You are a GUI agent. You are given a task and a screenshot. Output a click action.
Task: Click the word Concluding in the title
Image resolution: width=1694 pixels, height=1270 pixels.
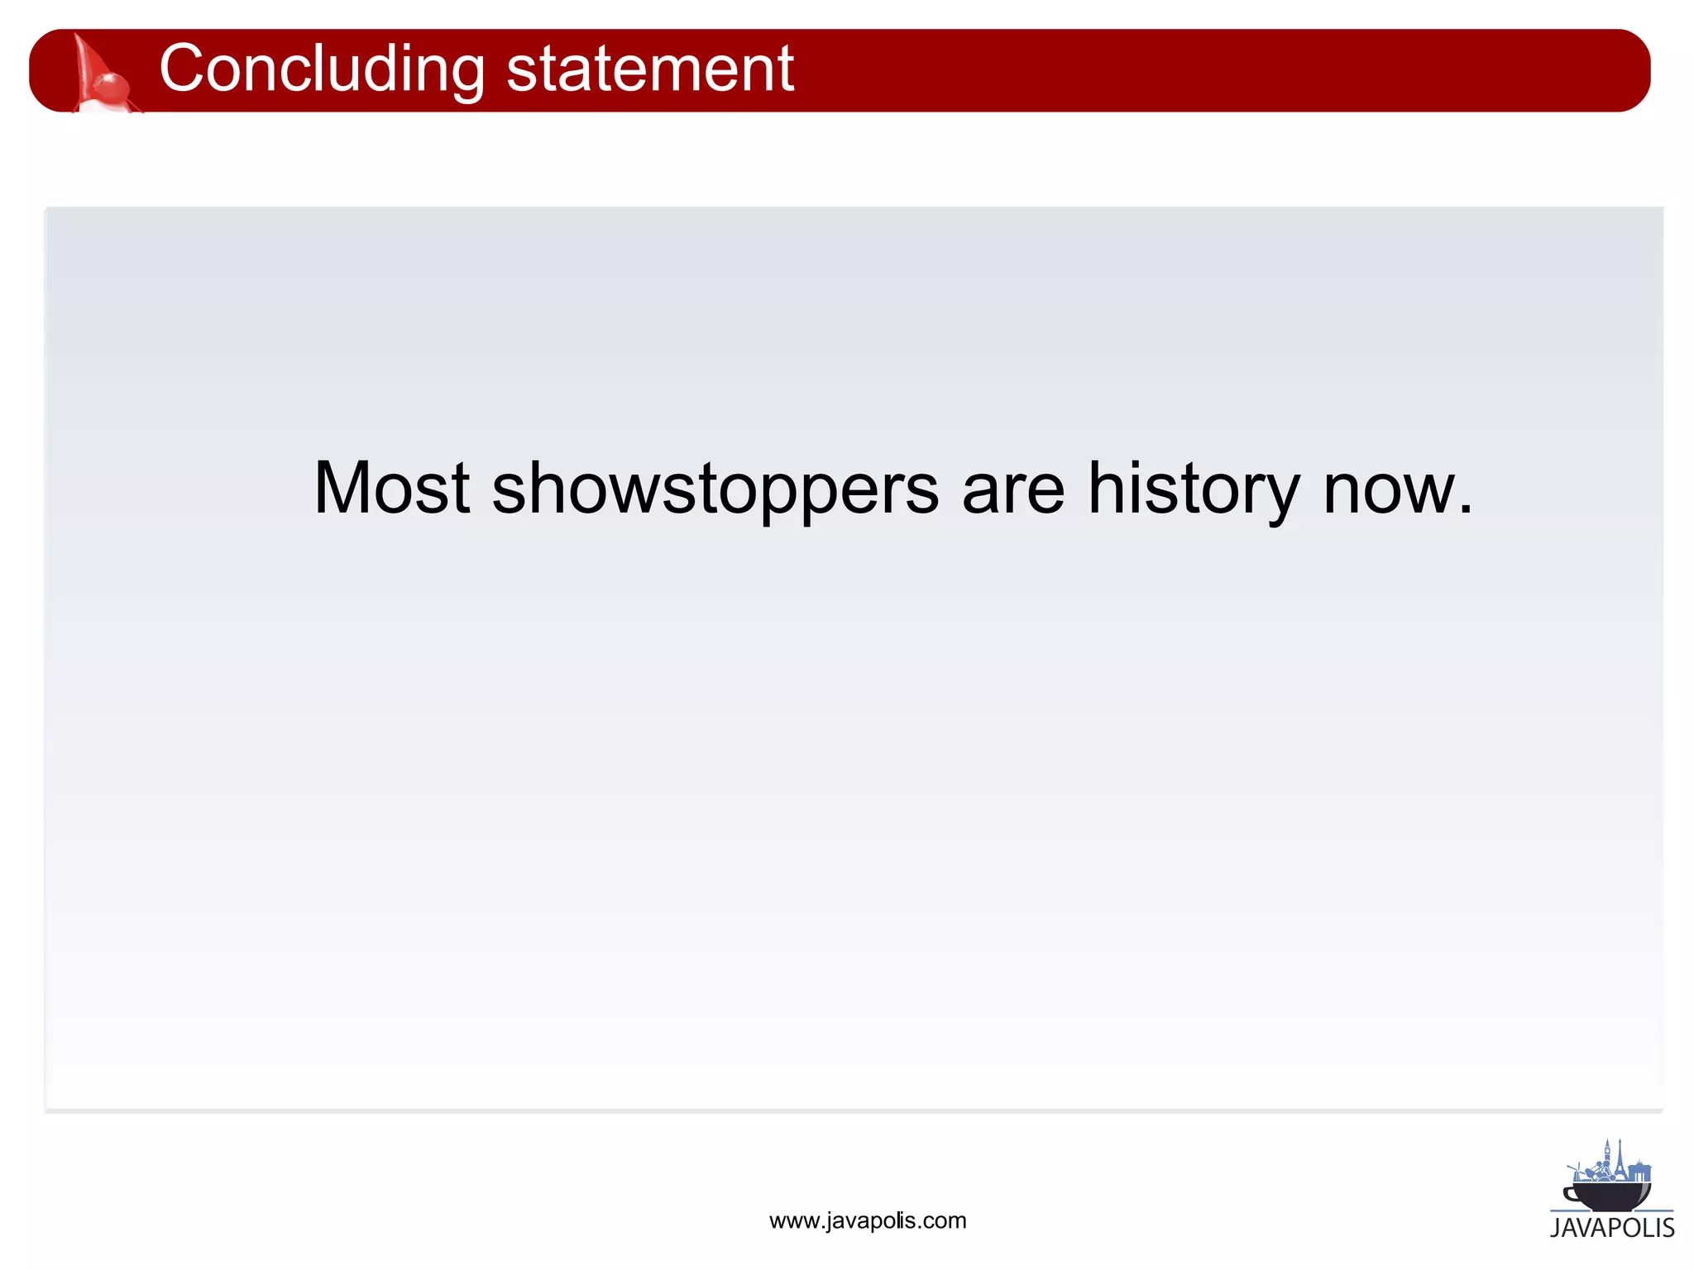pyautogui.click(x=323, y=69)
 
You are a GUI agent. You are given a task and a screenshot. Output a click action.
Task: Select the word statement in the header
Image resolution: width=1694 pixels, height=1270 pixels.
pyautogui.click(x=650, y=69)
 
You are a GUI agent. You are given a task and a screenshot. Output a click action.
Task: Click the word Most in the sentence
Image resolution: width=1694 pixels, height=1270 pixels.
pyautogui.click(x=391, y=489)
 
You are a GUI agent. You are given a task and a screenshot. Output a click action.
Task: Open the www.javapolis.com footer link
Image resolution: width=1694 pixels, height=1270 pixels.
pyautogui.click(x=868, y=1220)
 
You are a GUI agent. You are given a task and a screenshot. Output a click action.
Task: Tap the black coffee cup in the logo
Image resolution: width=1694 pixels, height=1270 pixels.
pyautogui.click(x=1608, y=1195)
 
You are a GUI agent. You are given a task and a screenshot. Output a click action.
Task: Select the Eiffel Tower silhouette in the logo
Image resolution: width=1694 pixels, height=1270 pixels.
pyautogui.click(x=1620, y=1165)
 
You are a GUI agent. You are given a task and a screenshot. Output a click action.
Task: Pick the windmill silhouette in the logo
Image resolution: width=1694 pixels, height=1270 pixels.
pyautogui.click(x=1577, y=1173)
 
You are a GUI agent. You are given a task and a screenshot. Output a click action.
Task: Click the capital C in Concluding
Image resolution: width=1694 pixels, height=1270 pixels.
pyautogui.click(x=183, y=69)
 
